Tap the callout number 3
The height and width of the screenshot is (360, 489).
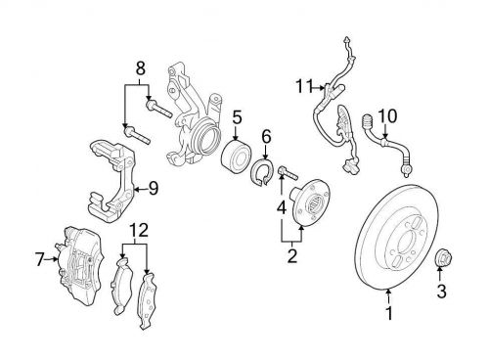coord(441,292)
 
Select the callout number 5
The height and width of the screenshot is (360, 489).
coord(237,117)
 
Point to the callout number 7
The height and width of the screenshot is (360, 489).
coord(40,259)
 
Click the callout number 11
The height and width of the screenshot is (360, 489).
coord(304,87)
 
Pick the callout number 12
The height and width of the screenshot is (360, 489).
coord(139,230)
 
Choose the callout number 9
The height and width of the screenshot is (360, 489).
coord(154,189)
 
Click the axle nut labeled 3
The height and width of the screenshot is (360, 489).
coord(443,255)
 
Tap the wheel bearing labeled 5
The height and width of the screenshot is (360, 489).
coord(236,157)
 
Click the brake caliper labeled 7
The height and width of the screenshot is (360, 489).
coord(81,266)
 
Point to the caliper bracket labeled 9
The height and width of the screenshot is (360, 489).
coord(111,181)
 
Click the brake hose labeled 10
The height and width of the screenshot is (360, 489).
coord(387,144)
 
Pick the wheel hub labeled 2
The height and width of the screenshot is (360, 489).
coord(310,202)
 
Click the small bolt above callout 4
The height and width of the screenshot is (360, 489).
coord(288,173)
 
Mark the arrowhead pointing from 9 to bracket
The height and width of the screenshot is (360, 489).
coord(137,189)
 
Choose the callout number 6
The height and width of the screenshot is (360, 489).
coord(266,137)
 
